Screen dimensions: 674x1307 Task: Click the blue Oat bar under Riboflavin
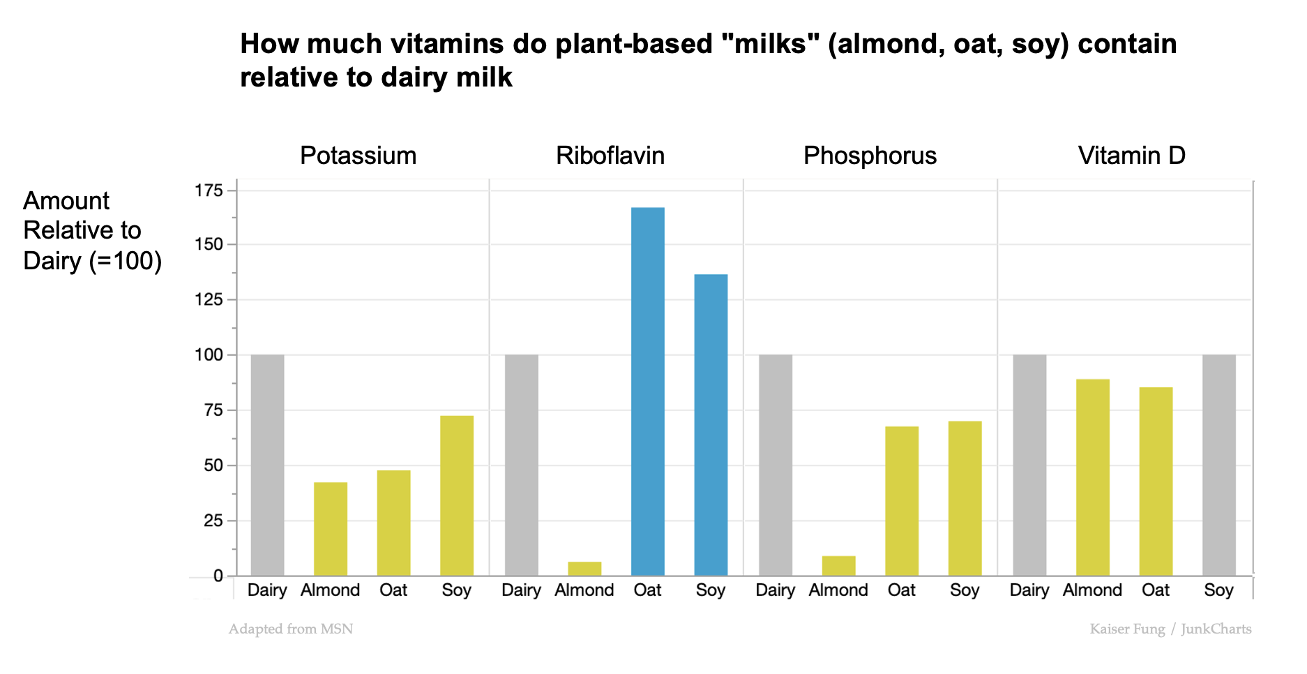point(647,391)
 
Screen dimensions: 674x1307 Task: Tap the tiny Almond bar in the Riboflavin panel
point(584,569)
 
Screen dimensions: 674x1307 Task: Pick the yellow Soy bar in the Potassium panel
point(457,495)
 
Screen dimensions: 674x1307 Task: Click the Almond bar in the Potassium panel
point(331,528)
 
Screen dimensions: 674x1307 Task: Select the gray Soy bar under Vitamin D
point(1218,465)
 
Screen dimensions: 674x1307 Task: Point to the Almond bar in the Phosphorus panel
point(838,566)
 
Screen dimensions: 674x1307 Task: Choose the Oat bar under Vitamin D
point(1156,481)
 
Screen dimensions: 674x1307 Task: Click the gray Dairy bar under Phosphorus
point(775,465)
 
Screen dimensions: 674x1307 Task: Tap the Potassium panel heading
point(358,156)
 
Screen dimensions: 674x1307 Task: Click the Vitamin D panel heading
point(1131,156)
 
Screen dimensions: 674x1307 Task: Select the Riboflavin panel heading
point(610,156)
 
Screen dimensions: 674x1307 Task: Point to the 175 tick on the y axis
point(209,190)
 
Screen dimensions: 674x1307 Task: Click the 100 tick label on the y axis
point(209,355)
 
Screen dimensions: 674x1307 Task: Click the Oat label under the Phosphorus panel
point(901,590)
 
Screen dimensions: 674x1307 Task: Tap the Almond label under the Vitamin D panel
point(1092,590)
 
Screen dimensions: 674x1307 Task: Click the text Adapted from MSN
point(291,629)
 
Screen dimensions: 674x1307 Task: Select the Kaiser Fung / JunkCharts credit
point(1170,629)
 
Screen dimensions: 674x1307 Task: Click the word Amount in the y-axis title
point(66,201)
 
